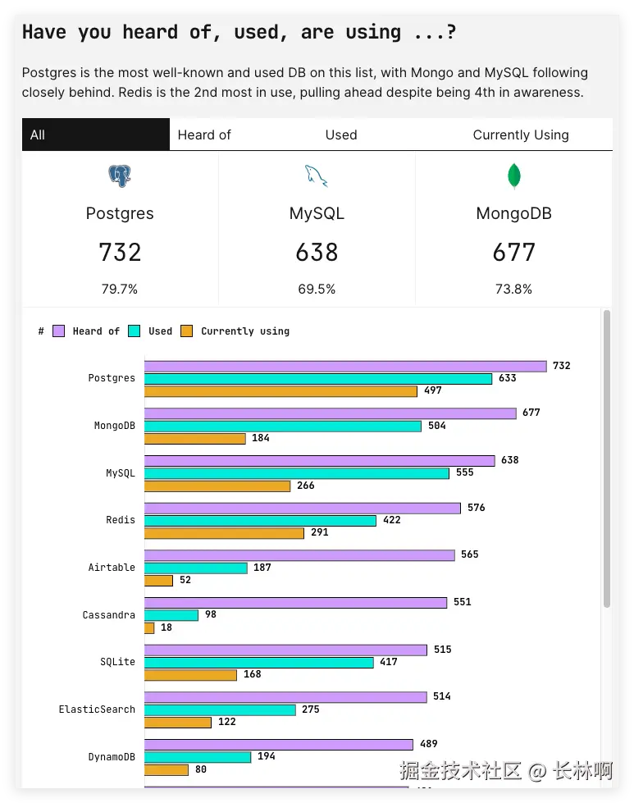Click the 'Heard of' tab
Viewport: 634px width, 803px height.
pyautogui.click(x=204, y=135)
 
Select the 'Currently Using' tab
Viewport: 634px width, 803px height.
pyautogui.click(x=520, y=135)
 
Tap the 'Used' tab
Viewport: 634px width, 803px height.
pyautogui.click(x=340, y=135)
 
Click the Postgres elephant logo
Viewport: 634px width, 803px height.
pyautogui.click(x=120, y=176)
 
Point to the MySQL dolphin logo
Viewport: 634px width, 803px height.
pyautogui.click(x=316, y=176)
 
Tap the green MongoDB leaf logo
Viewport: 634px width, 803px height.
pyautogui.click(x=514, y=176)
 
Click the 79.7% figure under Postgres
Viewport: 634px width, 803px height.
pyautogui.click(x=120, y=289)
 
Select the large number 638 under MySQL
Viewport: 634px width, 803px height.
pyautogui.click(x=317, y=253)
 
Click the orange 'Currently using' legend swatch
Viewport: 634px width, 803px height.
pyautogui.click(x=186, y=331)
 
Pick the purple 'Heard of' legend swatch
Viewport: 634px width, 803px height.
pyautogui.click(x=59, y=331)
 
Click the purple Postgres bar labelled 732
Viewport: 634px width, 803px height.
pyautogui.click(x=345, y=367)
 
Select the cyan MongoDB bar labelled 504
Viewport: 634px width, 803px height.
pyautogui.click(x=283, y=427)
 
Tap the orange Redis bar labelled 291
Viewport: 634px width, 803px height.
pyautogui.click(x=224, y=533)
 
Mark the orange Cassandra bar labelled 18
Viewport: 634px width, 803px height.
pyautogui.click(x=149, y=628)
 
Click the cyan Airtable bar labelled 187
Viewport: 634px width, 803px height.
pyautogui.click(x=196, y=568)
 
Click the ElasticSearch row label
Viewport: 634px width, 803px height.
pyautogui.click(x=97, y=709)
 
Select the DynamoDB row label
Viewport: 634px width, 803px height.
pyautogui.click(x=112, y=757)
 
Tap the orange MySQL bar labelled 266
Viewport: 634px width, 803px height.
pyautogui.click(x=217, y=486)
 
